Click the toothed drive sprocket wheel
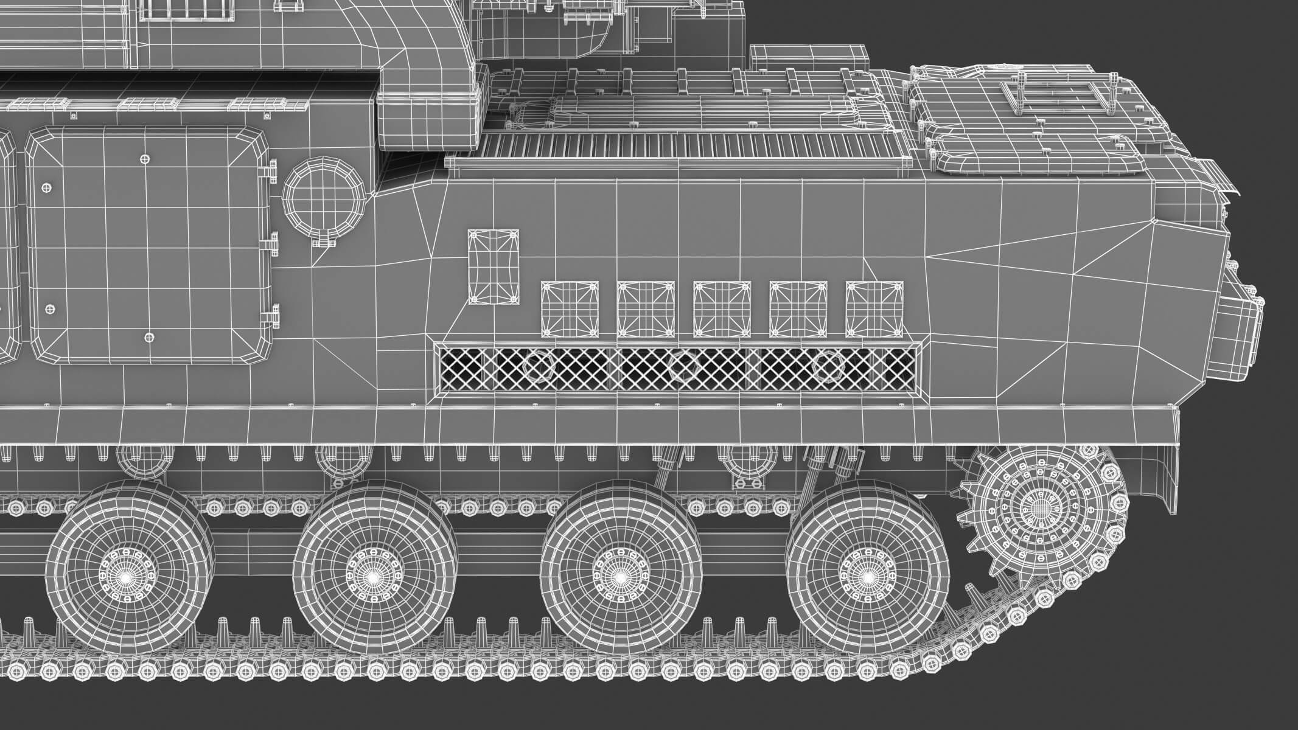point(1042,506)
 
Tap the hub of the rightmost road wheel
point(867,575)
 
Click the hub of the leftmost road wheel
point(127,575)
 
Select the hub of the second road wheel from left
point(372,575)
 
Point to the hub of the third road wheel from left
point(619,575)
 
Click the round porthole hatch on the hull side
point(323,199)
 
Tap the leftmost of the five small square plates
point(570,309)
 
